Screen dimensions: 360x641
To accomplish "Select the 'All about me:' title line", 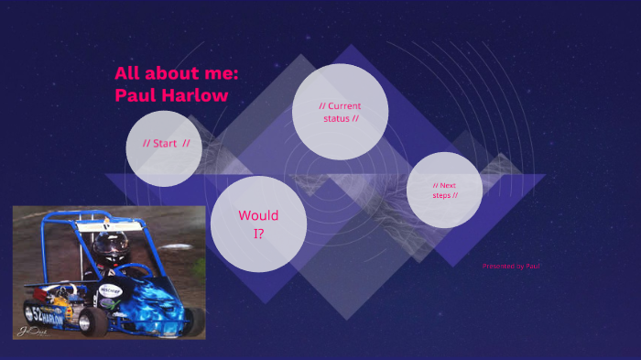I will [x=176, y=74].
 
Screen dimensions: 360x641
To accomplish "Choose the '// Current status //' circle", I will [x=340, y=111].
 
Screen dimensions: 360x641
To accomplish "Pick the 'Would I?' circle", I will [x=258, y=224].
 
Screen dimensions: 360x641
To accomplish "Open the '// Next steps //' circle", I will [x=444, y=190].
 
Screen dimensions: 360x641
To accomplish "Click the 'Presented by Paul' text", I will [x=511, y=267].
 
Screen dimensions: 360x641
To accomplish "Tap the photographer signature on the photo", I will [x=33, y=331].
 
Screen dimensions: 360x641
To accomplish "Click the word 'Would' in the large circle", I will [x=258, y=216].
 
